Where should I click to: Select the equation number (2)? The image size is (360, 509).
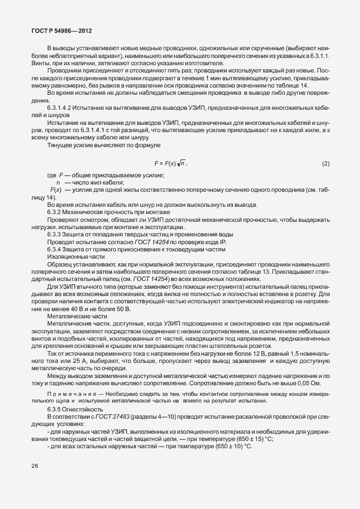pos(326,163)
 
